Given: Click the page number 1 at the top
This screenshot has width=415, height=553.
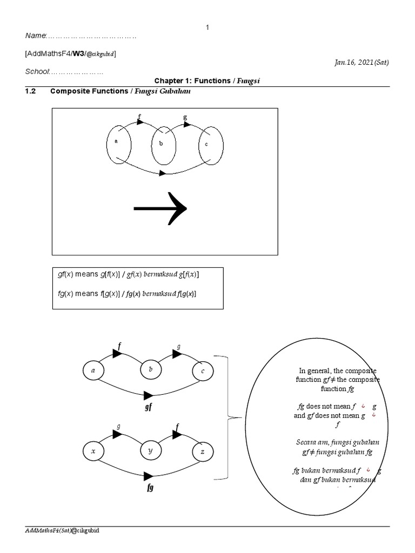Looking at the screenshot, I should tap(207, 27).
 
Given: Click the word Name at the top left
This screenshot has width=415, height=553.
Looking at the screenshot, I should tap(36, 36).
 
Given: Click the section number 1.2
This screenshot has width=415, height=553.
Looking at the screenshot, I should tap(30, 91).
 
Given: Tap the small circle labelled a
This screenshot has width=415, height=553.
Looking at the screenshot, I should tap(93, 371).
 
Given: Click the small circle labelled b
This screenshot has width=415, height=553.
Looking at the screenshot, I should tap(151, 370).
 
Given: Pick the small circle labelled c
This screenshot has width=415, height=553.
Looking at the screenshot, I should tap(203, 371).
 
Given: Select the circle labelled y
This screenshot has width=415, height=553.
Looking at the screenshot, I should tap(151, 451).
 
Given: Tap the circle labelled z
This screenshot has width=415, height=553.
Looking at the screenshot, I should tap(203, 451).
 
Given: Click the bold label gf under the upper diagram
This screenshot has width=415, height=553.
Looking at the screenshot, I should tap(148, 407).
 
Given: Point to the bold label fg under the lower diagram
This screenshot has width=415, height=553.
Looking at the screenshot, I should tap(150, 488).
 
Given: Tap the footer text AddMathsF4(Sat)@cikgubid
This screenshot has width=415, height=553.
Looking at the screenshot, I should tap(62, 531).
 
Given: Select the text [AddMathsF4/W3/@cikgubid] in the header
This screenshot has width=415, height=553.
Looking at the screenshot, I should tap(70, 53).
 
